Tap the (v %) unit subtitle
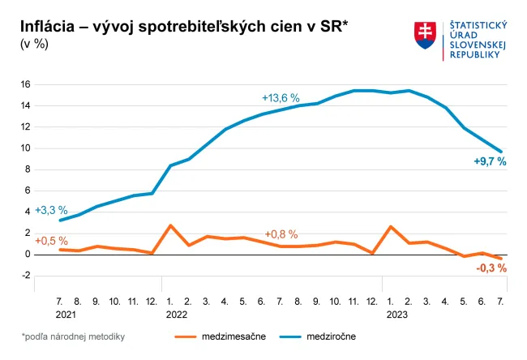pos(34,44)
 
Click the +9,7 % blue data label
pos(490,161)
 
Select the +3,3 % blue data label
pos(51,210)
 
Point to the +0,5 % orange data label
pos(51,241)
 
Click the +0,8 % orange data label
pos(281,234)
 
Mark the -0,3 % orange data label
pos(491,268)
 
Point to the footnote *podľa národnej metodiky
pos(73,335)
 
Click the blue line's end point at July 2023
pos(501,152)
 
